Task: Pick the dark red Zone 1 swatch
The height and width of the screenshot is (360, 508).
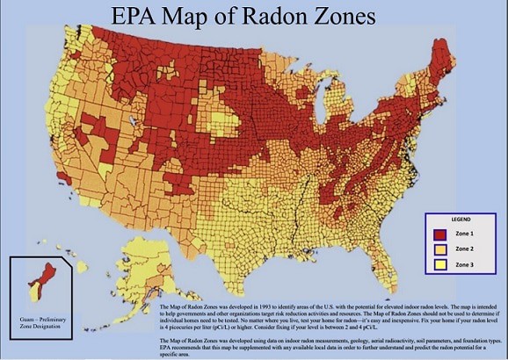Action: pyautogui.click(x=441, y=234)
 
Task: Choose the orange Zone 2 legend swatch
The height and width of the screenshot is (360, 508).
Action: pyautogui.click(x=441, y=248)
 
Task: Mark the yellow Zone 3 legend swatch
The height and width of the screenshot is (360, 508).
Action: pyautogui.click(x=441, y=263)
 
